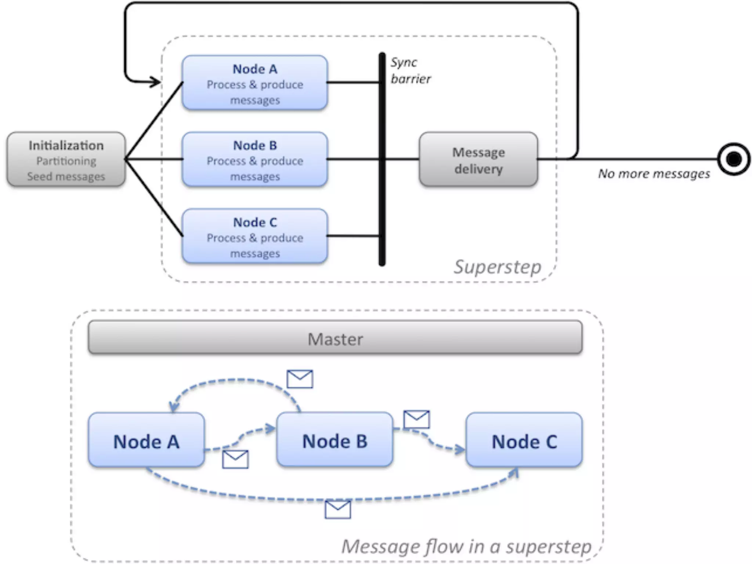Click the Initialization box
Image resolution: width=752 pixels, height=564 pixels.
(x=66, y=159)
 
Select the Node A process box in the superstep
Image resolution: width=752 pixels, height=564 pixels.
(x=255, y=83)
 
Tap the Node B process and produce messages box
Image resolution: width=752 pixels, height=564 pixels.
(x=255, y=159)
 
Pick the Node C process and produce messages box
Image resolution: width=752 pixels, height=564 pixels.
(x=255, y=236)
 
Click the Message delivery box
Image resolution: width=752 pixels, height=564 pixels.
(x=478, y=159)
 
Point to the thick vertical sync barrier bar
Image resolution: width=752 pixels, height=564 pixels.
(x=382, y=159)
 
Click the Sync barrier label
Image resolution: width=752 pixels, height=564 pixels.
(x=411, y=70)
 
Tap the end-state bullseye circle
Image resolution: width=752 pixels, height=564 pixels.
(x=734, y=159)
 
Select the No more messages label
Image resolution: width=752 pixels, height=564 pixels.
(x=654, y=174)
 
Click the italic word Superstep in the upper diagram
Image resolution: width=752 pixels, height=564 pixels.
(x=498, y=267)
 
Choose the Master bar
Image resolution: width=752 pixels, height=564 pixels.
(x=335, y=337)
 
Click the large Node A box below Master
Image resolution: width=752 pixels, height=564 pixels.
(x=147, y=440)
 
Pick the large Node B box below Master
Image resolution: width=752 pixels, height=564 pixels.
(x=335, y=440)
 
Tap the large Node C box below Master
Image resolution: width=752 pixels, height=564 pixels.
(x=524, y=440)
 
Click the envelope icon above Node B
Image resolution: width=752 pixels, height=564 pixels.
(x=300, y=379)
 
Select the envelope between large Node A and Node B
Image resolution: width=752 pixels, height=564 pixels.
(x=235, y=459)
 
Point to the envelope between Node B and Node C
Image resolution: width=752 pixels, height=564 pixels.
(x=416, y=419)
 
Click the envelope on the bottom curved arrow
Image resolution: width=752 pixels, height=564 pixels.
(x=338, y=510)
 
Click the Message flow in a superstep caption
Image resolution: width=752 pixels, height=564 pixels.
(x=466, y=547)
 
